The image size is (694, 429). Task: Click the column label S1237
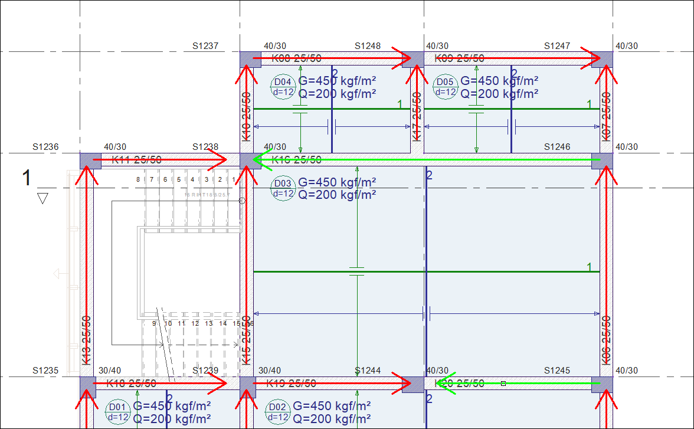(205, 46)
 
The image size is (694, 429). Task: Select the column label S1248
(368, 46)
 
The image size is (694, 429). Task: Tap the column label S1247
(557, 46)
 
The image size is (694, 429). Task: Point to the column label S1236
(45, 147)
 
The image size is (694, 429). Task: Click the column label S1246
(557, 147)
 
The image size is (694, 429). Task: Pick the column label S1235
(45, 371)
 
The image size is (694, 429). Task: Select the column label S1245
(557, 371)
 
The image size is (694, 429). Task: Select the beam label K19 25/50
(291, 384)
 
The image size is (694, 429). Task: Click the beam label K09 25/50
(459, 58)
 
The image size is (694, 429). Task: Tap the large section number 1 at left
(27, 178)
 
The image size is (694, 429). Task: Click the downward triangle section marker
(42, 199)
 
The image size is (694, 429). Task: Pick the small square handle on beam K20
(503, 384)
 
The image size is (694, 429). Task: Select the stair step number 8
(138, 179)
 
